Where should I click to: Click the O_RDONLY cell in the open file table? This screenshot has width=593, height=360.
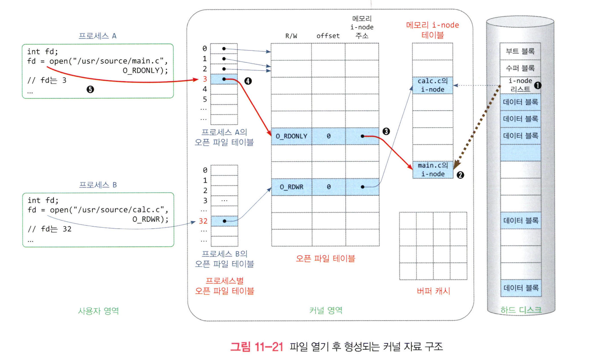291,136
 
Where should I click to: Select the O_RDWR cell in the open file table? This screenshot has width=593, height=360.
291,187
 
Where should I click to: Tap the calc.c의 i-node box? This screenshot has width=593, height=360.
432,85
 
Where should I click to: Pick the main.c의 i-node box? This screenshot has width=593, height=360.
433,170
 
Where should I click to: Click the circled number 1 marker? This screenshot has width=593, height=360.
537,85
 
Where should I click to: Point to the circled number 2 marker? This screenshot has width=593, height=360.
460,175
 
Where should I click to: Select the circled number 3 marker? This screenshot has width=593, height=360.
386,131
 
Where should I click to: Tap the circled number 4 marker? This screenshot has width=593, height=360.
248,81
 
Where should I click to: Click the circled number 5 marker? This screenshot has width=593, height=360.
90,89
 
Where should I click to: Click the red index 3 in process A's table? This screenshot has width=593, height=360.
205,79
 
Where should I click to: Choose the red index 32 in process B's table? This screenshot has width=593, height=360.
203,221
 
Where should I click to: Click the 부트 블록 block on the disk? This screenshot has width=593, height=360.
520,51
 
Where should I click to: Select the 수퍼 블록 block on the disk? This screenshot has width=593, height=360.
520,68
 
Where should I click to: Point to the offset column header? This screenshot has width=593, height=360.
328,36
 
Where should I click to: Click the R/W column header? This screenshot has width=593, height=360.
291,36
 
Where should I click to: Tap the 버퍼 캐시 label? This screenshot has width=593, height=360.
433,291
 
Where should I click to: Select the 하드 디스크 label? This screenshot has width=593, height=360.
521,310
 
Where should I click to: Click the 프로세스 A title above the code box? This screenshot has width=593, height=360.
97,36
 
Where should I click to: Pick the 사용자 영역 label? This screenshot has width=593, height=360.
98,311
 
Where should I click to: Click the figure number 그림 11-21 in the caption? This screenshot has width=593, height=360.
257,347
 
